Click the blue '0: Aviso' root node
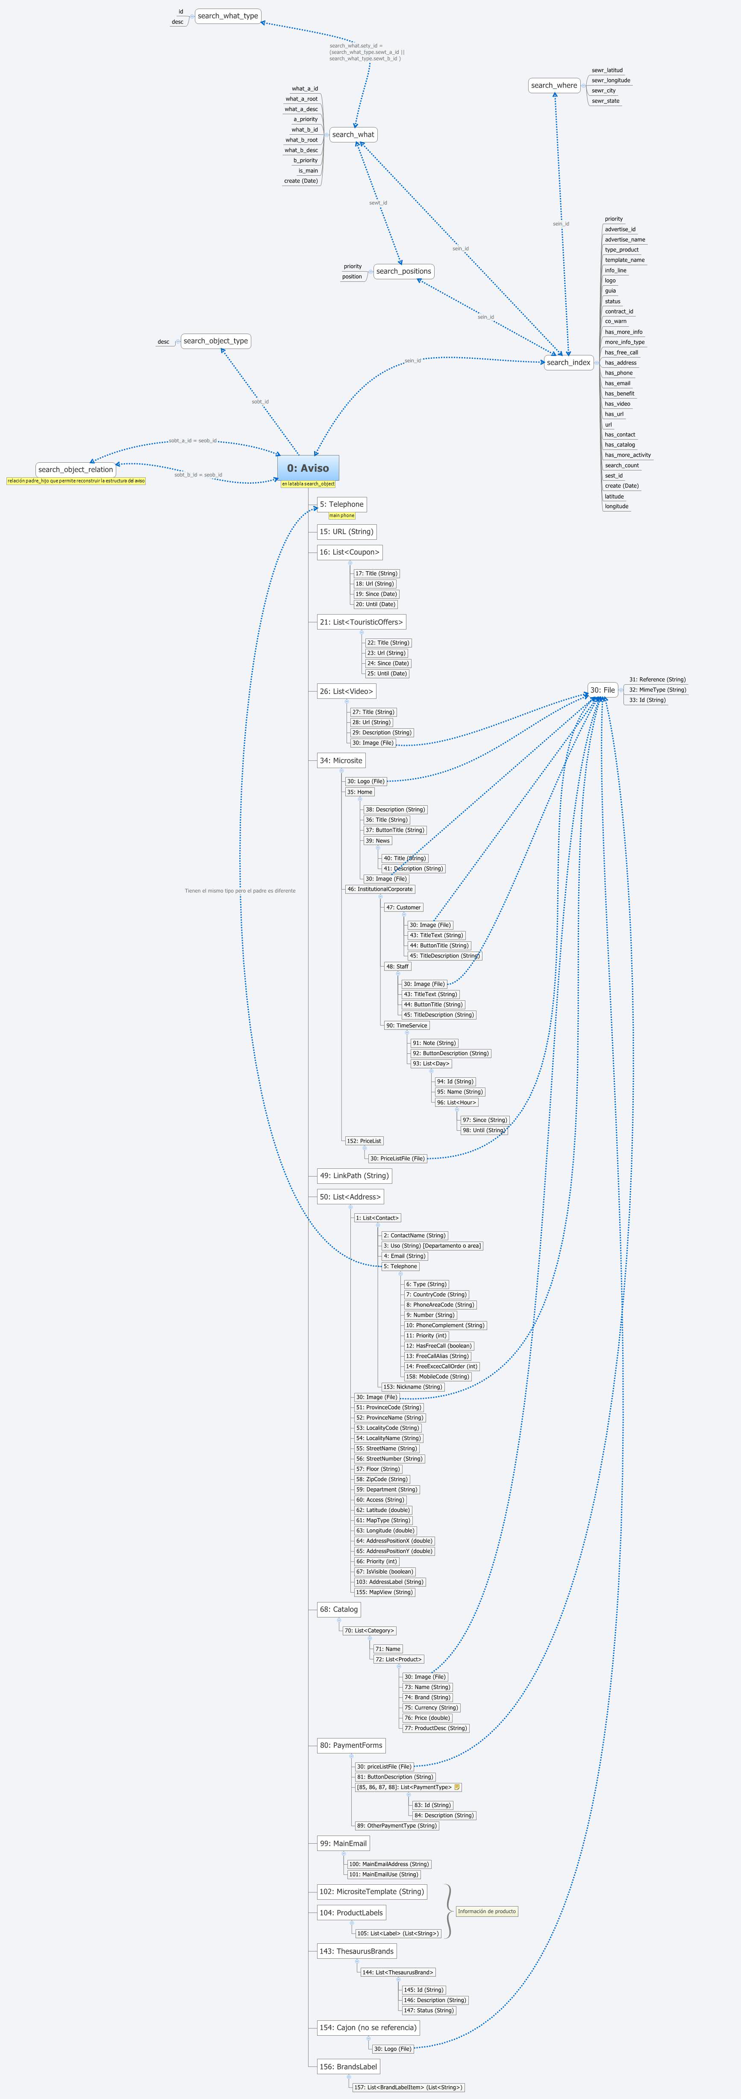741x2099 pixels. pos(308,468)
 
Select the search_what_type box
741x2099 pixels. pos(228,15)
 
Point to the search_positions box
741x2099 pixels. pos(404,271)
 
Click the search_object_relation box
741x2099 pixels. pos(76,469)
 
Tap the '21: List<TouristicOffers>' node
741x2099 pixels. pos(361,622)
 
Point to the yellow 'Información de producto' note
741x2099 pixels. pos(487,1911)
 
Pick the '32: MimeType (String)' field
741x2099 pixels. pos(657,689)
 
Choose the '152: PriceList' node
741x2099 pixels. pos(364,1141)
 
